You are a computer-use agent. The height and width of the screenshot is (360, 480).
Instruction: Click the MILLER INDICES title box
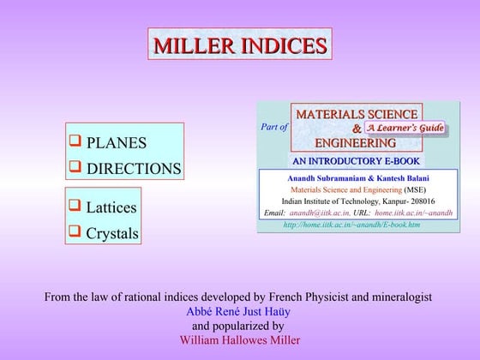tap(240, 45)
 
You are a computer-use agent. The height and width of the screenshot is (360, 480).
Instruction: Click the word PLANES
tap(117, 143)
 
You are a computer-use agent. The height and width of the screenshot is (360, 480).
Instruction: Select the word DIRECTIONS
tap(134, 169)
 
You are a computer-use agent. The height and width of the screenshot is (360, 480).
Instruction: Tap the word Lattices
tap(111, 207)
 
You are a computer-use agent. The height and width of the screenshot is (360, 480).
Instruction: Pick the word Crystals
tap(112, 232)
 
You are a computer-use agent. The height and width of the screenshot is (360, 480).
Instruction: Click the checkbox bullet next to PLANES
tap(75, 141)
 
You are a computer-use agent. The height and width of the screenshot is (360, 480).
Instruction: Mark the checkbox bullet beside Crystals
tap(75, 231)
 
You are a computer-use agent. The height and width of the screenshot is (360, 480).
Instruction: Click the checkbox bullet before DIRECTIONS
tap(75, 167)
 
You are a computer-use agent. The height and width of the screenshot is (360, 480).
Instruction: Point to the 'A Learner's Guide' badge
tap(406, 129)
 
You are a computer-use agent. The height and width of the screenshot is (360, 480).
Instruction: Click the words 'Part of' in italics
tap(274, 127)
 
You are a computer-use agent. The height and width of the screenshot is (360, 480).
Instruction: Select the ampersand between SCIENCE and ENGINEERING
tap(357, 129)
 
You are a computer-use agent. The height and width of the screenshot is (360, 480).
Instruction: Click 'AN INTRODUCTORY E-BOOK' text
tap(356, 160)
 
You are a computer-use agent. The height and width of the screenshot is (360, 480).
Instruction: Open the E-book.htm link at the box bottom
tap(351, 225)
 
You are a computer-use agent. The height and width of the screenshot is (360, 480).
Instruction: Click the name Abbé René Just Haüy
tap(239, 311)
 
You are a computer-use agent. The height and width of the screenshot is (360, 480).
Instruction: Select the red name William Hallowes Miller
tap(239, 339)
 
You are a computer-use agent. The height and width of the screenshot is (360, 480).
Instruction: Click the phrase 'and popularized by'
tap(238, 326)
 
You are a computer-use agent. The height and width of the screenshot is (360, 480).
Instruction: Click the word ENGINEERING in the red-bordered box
tap(355, 142)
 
